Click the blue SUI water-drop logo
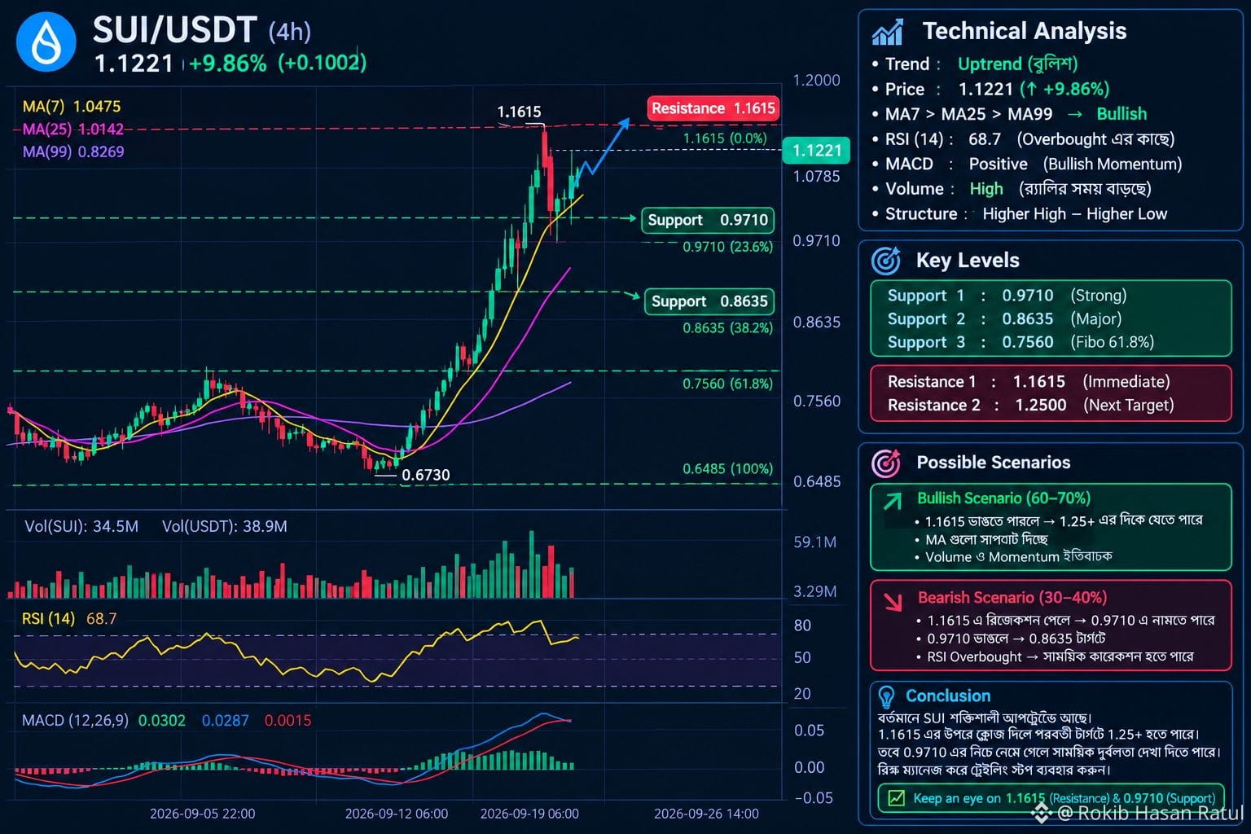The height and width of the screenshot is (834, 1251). click(x=46, y=42)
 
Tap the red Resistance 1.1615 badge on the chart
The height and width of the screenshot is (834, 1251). click(x=713, y=108)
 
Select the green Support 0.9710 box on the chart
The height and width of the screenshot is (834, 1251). click(x=708, y=220)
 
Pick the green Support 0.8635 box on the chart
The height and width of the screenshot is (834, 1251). click(x=709, y=301)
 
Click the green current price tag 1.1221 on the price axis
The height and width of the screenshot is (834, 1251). click(x=816, y=150)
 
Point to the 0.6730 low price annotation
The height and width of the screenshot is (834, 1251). click(x=426, y=475)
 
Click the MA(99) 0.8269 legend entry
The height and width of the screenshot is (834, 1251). click(x=73, y=152)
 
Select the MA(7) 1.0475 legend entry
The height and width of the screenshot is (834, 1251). click(x=72, y=106)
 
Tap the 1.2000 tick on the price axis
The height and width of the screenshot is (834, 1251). click(x=817, y=81)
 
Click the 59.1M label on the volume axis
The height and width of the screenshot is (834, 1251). click(x=814, y=542)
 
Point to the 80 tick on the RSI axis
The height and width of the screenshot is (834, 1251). click(x=802, y=625)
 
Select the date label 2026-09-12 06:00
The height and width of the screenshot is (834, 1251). click(x=397, y=814)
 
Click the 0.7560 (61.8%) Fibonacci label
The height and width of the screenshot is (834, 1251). click(x=727, y=384)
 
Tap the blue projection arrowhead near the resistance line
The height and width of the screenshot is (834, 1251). click(x=625, y=124)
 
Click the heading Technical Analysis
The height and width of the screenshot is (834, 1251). click(x=1025, y=31)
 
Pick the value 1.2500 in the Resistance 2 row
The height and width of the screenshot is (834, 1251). click(x=1040, y=405)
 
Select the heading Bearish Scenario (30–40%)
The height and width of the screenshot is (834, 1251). click(x=1012, y=598)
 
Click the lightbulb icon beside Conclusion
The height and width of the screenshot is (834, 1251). click(x=886, y=696)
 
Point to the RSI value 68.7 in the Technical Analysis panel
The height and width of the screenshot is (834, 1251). click(x=985, y=139)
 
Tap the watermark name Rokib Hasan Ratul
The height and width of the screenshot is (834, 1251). click(x=1160, y=814)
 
